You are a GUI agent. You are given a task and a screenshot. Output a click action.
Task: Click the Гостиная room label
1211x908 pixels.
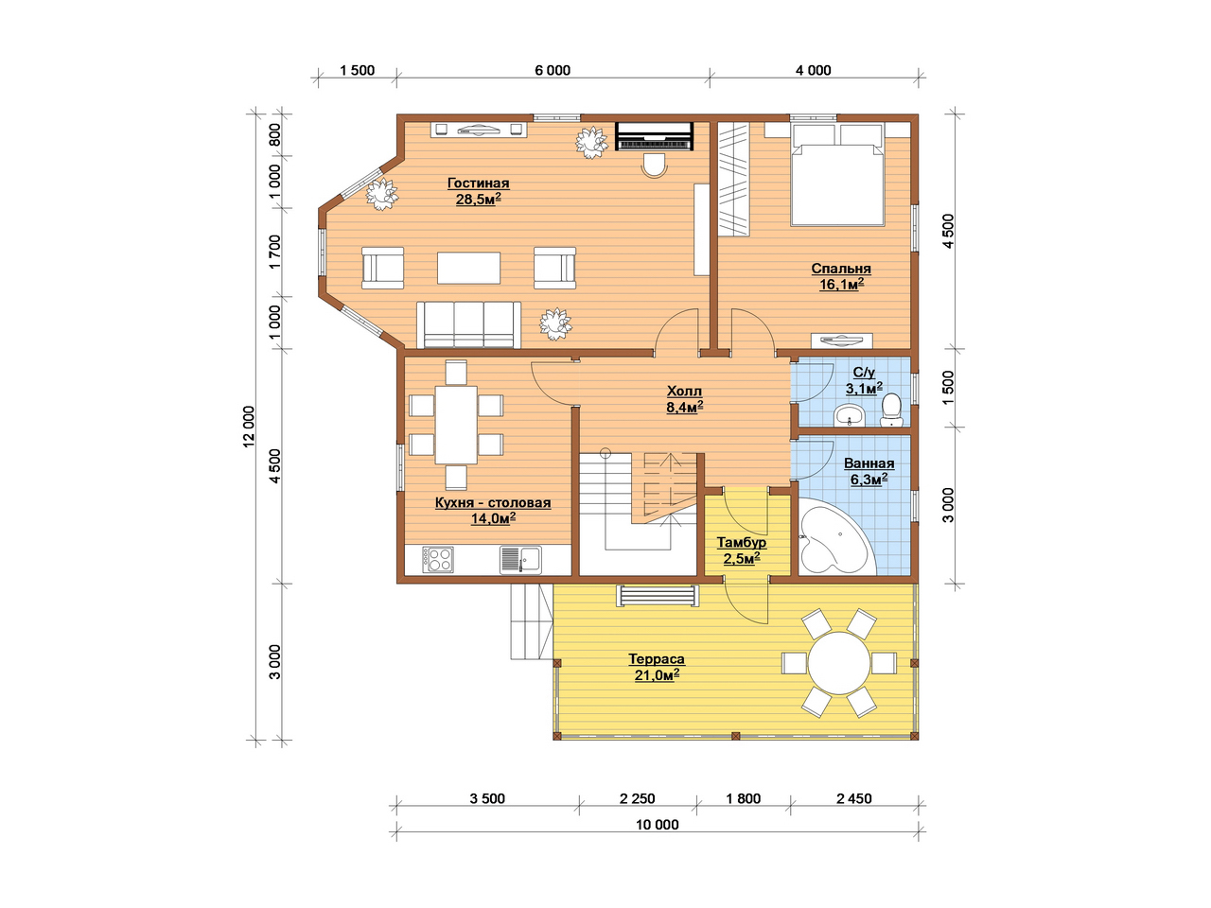(x=478, y=191)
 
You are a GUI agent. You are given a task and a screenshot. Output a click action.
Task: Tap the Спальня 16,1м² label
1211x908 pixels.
(x=840, y=276)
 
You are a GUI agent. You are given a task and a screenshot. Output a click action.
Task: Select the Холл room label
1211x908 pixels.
(x=684, y=398)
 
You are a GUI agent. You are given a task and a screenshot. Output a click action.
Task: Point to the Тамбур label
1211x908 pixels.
(x=741, y=550)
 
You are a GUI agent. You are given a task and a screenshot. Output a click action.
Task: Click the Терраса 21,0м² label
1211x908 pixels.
(x=656, y=667)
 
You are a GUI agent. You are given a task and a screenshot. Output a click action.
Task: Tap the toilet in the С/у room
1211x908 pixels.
(x=890, y=410)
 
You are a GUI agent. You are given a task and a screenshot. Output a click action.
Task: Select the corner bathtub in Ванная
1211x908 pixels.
(x=836, y=537)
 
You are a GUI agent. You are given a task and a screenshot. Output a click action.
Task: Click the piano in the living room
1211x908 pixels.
(x=654, y=135)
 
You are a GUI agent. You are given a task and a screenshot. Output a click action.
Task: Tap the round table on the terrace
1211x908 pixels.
(x=838, y=663)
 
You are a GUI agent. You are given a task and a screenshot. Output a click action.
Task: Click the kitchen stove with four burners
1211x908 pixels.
(x=438, y=560)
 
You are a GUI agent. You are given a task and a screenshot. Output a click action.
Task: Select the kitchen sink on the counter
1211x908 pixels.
(x=520, y=560)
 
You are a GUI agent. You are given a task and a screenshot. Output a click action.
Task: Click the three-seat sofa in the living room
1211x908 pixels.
(x=468, y=324)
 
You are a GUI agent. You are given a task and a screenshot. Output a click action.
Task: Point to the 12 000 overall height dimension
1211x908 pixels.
(x=249, y=427)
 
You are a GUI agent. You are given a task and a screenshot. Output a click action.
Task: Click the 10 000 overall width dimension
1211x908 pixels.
(x=657, y=825)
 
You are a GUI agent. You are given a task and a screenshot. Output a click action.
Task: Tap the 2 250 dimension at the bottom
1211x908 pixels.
(x=638, y=798)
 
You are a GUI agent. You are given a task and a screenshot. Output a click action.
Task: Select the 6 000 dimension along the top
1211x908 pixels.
(x=553, y=70)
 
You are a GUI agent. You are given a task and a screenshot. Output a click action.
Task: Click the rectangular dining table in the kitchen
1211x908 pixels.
(x=456, y=425)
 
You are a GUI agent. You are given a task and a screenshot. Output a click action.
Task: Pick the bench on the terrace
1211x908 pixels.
(x=658, y=596)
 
